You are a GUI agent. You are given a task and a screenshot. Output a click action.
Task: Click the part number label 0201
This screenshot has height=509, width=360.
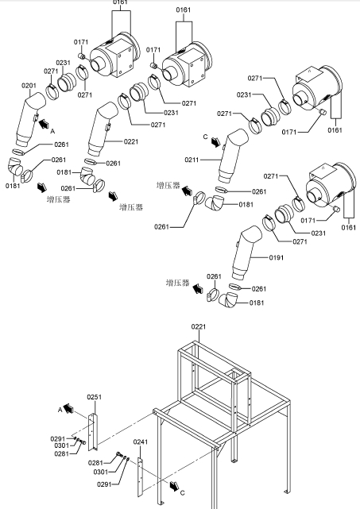pos(29,86)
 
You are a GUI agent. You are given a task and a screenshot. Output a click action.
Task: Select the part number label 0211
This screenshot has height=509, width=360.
pos(192,160)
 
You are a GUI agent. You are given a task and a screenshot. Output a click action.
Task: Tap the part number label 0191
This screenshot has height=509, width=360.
pos(277,258)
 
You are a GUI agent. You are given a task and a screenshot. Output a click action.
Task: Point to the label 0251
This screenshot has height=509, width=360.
pos(95,397)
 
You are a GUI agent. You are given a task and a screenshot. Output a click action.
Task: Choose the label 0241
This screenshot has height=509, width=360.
pos(141,442)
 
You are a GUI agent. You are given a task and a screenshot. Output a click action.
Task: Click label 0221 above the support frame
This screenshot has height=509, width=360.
pos(199,327)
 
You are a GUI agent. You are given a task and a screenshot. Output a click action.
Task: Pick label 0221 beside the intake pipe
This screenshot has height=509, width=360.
pos(131,141)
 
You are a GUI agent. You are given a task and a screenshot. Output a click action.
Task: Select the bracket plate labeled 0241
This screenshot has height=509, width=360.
pos(140,477)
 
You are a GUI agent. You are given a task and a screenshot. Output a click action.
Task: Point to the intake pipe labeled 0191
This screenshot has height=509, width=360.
pos(246,253)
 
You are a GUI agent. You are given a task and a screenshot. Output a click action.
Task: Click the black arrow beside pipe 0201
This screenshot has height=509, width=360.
pos(44,124)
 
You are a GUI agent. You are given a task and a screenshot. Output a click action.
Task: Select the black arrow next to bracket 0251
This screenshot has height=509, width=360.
pos(68,408)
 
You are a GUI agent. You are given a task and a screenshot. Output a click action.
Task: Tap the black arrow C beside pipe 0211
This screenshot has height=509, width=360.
pos(215,142)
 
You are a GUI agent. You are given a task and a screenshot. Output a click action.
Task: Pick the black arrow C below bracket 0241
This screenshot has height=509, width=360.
pos(175,486)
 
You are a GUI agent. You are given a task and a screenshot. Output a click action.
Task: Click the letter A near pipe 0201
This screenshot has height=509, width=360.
pos(52,132)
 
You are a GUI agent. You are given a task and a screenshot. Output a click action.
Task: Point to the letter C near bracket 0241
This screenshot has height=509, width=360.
pos(182,493)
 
